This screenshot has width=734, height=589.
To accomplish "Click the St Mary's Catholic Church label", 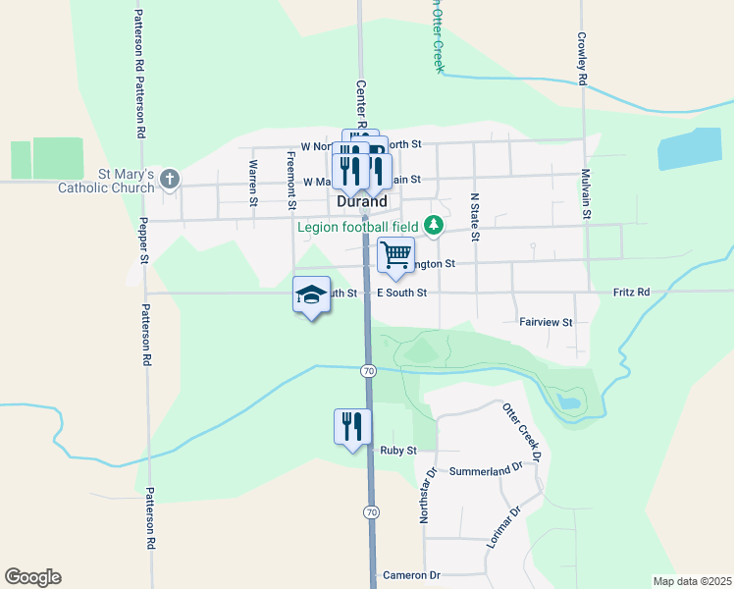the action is (x=107, y=181).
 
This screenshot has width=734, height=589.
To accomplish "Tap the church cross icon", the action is (x=170, y=179).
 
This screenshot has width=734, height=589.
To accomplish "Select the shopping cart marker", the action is (x=394, y=255).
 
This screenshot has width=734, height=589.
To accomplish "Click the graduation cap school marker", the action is (x=311, y=295).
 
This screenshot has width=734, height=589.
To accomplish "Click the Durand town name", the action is (x=361, y=200).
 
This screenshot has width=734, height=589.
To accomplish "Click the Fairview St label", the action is (x=545, y=321).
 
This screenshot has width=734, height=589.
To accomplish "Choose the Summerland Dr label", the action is (x=482, y=471).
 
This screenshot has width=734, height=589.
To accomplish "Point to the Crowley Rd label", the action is (x=582, y=60).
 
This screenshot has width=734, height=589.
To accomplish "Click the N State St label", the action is (x=474, y=216).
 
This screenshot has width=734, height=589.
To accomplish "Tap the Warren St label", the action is (x=253, y=183).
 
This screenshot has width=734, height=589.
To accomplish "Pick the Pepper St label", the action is (x=143, y=241).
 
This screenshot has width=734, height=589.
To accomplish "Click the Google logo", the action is (x=32, y=577).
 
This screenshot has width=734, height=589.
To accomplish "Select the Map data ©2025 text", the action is (x=691, y=581).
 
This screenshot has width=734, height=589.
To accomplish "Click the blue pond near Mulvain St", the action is (x=689, y=148).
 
